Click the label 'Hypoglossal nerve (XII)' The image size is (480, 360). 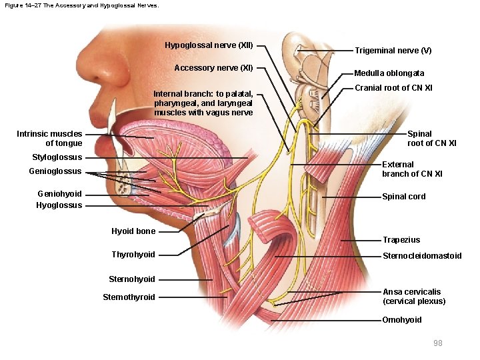point(209,45)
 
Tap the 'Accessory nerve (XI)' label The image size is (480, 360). point(213,68)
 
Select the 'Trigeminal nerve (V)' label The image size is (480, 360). point(393,51)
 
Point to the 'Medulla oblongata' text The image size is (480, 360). point(389,73)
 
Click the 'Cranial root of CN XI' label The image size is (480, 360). point(393,88)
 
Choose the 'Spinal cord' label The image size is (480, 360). point(403,197)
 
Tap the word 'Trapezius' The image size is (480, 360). point(401,240)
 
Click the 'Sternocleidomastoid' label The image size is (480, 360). point(421,256)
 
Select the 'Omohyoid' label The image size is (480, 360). point(401,320)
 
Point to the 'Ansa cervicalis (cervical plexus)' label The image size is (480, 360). point(413,297)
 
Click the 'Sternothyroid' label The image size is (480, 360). point(129,297)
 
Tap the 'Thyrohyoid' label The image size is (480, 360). point(133,255)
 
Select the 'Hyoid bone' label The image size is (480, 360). point(133,231)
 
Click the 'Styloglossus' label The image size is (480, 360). point(57,157)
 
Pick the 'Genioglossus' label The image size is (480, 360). point(55,171)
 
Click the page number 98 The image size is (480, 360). point(437,343)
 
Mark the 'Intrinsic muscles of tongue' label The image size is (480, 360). point(49,139)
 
